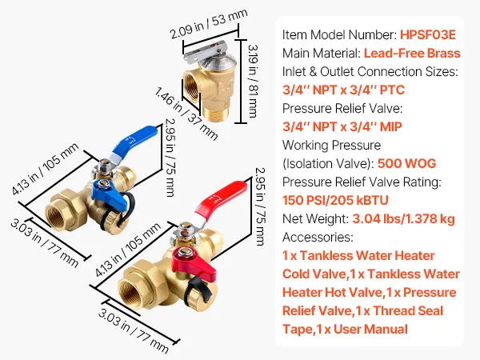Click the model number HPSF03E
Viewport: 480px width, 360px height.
point(428,34)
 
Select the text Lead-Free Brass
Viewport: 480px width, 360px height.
point(412,54)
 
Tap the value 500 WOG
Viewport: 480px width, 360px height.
point(407,163)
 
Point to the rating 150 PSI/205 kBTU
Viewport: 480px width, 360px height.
point(335,201)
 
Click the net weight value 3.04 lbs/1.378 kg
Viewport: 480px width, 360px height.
point(403,219)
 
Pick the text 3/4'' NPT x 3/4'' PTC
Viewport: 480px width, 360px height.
point(343,90)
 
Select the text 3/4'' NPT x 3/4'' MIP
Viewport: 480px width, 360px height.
point(342,126)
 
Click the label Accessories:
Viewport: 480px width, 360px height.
point(318,238)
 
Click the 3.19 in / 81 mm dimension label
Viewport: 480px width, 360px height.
point(253,81)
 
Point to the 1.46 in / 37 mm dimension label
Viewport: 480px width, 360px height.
point(186,114)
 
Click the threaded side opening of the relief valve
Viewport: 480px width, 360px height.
point(192,90)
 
